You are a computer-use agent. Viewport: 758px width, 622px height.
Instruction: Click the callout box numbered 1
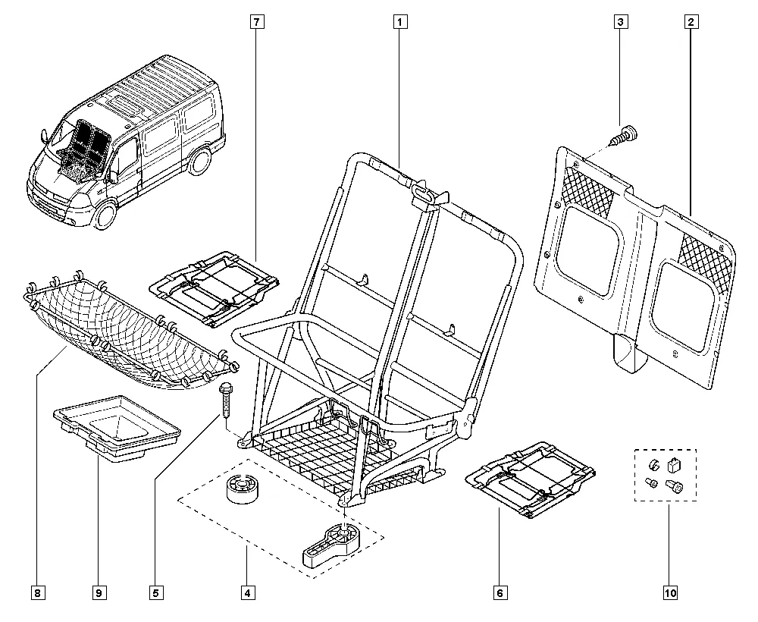click(399, 22)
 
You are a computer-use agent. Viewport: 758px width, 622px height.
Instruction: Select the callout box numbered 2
click(691, 22)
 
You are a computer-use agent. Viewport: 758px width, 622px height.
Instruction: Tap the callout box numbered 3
click(621, 22)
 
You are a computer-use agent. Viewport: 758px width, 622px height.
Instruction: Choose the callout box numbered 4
click(248, 593)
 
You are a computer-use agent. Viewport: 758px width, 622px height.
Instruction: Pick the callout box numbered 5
click(155, 593)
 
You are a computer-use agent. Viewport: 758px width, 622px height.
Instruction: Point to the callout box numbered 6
click(500, 593)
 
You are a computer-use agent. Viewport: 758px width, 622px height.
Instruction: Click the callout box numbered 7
click(257, 22)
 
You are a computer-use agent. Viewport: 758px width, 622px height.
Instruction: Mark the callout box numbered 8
click(38, 593)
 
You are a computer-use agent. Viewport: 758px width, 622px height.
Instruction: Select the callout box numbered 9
click(99, 593)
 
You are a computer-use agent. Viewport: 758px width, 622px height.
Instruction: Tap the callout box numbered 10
click(671, 593)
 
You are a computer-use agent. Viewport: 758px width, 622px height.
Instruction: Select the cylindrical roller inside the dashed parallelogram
click(243, 488)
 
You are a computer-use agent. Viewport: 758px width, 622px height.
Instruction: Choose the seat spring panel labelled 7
click(215, 289)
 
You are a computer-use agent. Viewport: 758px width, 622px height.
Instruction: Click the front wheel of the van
click(105, 215)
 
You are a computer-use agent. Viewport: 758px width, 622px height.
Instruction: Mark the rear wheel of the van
click(199, 160)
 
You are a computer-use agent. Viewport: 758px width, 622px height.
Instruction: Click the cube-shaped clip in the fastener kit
click(674, 465)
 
